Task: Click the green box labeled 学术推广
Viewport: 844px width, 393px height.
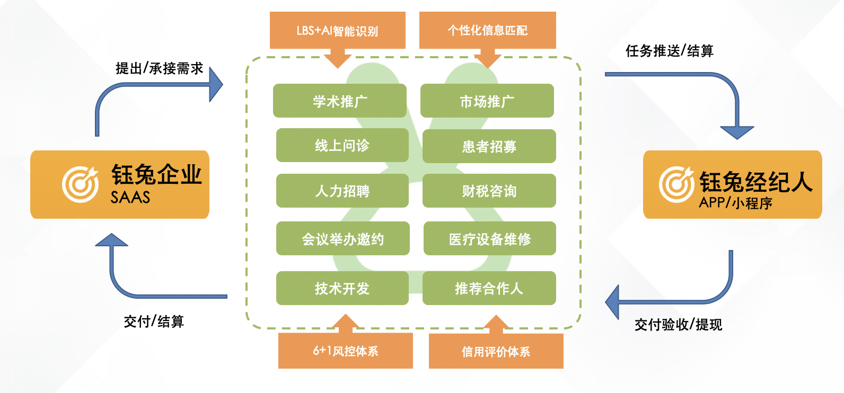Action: click(340, 101)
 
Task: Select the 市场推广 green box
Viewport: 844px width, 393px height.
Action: click(487, 101)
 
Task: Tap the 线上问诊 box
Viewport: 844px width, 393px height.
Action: click(342, 145)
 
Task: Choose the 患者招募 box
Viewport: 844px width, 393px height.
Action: click(489, 146)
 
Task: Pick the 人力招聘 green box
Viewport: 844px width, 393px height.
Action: click(342, 191)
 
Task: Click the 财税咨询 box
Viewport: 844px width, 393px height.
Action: click(489, 191)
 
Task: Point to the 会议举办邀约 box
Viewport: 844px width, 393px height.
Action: click(342, 238)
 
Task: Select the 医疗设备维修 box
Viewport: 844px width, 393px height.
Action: click(489, 238)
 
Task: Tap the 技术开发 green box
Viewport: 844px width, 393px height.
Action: click(342, 288)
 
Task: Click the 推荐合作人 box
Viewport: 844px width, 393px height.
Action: click(489, 288)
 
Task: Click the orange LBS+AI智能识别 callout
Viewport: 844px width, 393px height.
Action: click(337, 30)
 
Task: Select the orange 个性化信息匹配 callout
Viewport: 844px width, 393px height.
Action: click(487, 30)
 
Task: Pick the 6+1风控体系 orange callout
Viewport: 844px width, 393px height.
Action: click(345, 351)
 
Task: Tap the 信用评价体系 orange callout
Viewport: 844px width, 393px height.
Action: click(496, 351)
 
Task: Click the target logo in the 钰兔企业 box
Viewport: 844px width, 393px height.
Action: click(80, 184)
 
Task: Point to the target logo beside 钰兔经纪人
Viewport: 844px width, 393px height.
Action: click(676, 184)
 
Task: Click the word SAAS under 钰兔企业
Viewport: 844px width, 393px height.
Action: click(130, 198)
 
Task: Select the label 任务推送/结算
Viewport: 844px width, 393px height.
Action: click(669, 51)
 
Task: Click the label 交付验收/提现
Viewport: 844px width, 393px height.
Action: click(678, 324)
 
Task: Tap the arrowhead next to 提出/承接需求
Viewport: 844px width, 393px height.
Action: click(216, 84)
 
